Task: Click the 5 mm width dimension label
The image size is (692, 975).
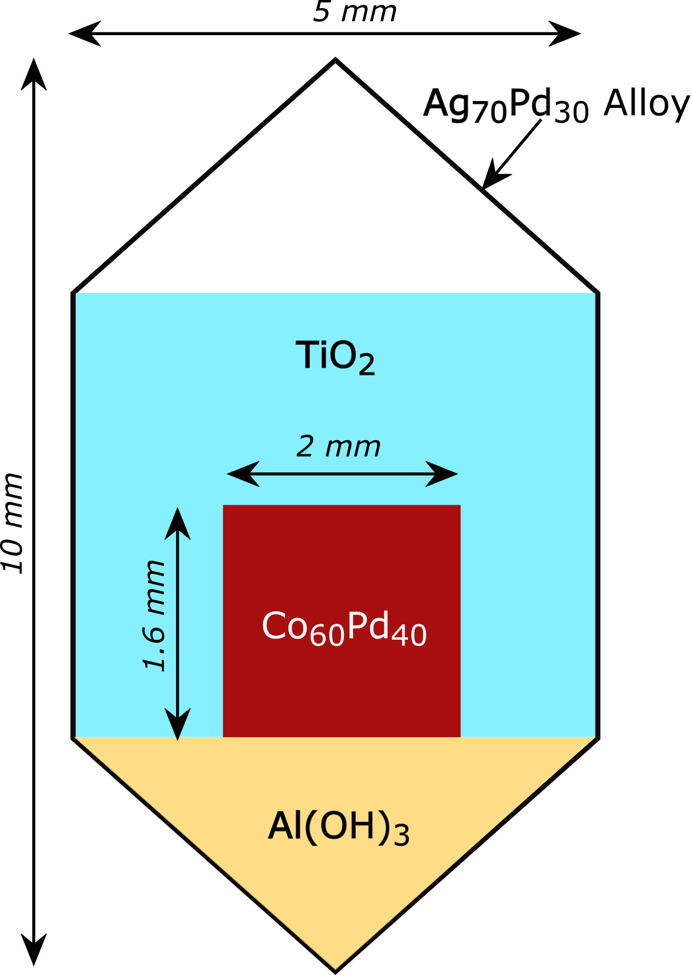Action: click(x=354, y=12)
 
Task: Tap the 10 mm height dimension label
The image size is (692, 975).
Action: click(x=14, y=523)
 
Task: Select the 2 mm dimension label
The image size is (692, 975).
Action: click(x=338, y=447)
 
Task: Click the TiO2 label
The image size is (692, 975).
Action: click(x=335, y=357)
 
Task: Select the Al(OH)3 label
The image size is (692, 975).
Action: click(x=338, y=828)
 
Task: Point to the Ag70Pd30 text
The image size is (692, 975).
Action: click(x=506, y=105)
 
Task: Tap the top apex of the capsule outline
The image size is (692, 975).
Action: click(x=335, y=60)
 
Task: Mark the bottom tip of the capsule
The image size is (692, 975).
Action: click(x=335, y=970)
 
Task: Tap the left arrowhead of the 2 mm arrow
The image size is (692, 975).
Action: click(x=242, y=474)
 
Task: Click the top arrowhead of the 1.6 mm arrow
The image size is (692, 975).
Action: click(x=178, y=523)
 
